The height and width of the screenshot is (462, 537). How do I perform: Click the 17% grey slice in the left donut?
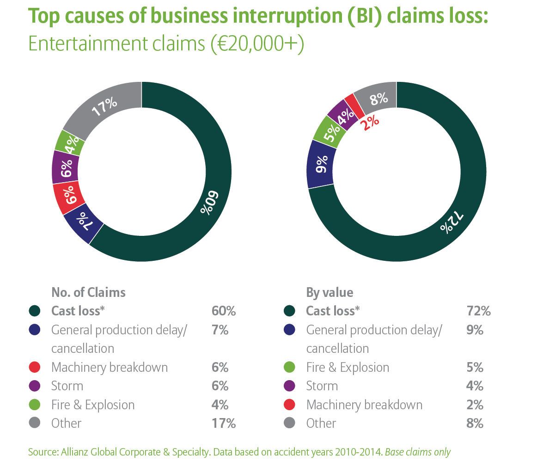tap(104, 107)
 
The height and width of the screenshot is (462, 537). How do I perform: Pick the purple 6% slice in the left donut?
tap(65, 167)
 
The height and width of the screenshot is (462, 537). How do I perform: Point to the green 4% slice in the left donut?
tap(70, 143)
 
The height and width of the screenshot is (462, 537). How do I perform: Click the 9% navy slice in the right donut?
tap(320, 164)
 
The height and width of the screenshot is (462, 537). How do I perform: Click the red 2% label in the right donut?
tap(370, 123)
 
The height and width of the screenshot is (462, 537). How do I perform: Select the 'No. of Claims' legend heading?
tap(88, 292)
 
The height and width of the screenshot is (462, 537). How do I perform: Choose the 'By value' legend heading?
tap(330, 292)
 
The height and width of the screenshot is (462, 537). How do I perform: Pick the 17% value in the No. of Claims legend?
tap(224, 423)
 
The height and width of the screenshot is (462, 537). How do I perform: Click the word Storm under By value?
tap(322, 386)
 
